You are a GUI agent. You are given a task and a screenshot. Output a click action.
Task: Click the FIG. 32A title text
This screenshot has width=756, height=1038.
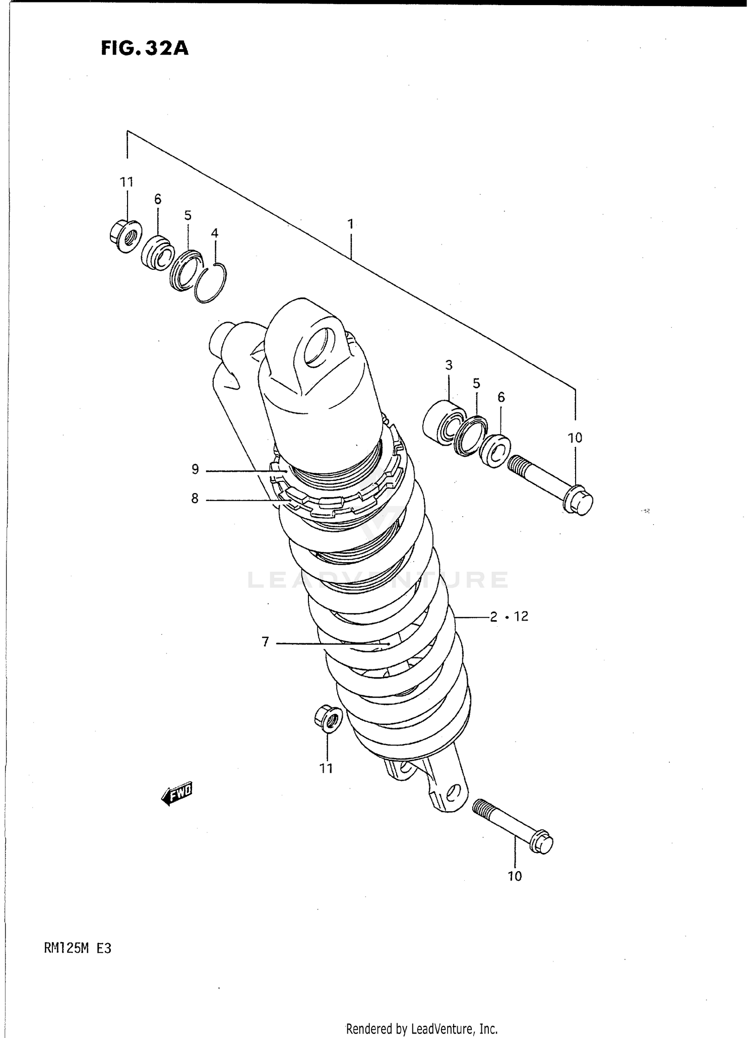point(145,48)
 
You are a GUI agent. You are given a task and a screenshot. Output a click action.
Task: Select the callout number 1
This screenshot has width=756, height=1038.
point(350,223)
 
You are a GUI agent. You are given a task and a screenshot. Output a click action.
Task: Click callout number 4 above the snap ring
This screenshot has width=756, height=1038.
point(215,233)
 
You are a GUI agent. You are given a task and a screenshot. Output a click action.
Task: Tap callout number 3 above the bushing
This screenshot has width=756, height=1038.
point(449,364)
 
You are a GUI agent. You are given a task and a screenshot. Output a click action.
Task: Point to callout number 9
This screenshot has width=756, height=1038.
point(195,470)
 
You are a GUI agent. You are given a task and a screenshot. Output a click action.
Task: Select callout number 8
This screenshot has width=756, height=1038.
point(195,499)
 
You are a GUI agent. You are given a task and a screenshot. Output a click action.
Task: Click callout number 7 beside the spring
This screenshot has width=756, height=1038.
point(266,642)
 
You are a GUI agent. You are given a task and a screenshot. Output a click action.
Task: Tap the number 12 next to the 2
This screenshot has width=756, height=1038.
point(521,616)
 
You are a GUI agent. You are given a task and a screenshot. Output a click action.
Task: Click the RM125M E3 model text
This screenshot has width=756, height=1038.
point(77,948)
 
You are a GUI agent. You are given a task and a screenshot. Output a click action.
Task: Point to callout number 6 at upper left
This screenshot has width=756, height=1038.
point(158,199)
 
